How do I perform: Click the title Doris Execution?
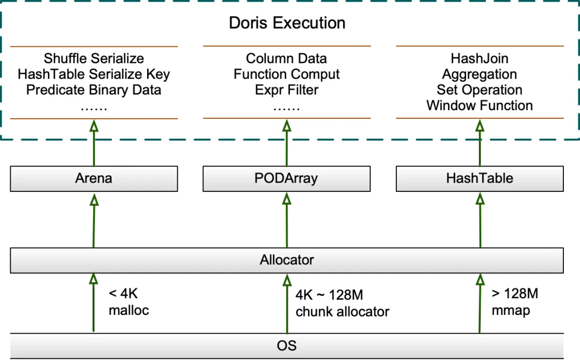coord(287,23)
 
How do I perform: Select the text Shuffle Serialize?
coord(94,59)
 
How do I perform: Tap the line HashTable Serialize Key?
coord(94,74)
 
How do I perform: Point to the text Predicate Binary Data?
coord(94,90)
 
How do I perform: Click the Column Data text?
coord(286,59)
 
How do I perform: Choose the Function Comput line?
coord(286,74)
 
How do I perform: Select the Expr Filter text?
coord(286,90)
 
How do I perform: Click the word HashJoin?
coord(480,59)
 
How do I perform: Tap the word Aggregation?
coord(480,74)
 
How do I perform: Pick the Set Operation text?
coord(480,90)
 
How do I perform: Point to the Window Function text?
coord(480,105)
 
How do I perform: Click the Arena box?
coord(94,178)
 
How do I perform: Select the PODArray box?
coord(286,178)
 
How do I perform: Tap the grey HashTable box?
coord(480,178)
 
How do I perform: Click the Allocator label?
coord(287,261)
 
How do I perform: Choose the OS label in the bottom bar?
coord(287,345)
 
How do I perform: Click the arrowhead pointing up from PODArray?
coord(286,126)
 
